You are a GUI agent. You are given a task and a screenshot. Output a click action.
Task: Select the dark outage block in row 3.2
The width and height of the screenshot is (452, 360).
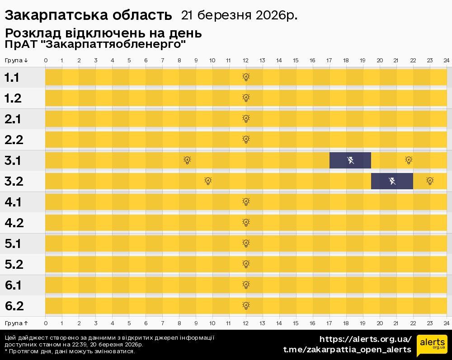[x=392, y=181]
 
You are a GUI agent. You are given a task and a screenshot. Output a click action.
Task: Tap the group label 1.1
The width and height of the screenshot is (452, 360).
[x=12, y=78]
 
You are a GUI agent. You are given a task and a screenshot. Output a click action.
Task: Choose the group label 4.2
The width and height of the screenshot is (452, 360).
[x=14, y=223]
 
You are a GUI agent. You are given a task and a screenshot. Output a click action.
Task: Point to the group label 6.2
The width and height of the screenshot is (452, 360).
[x=14, y=306]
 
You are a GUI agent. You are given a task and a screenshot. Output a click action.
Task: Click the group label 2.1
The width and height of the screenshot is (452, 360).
[x=13, y=119]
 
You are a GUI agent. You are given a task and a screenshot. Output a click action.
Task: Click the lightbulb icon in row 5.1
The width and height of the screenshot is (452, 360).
[x=246, y=243]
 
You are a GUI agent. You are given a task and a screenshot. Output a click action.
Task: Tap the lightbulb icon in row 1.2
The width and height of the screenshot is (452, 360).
[x=246, y=98]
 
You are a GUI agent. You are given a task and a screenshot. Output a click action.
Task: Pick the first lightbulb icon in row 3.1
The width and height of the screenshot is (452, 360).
[x=188, y=160]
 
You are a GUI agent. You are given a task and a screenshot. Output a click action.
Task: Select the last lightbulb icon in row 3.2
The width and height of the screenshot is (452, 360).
[x=430, y=181]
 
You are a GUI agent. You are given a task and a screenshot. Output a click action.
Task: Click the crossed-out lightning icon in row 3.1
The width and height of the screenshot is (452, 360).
[x=350, y=160]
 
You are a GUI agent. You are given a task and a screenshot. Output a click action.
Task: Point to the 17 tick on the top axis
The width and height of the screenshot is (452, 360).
[x=329, y=61]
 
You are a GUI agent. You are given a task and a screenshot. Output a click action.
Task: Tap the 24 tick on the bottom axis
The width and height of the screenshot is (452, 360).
[x=446, y=323]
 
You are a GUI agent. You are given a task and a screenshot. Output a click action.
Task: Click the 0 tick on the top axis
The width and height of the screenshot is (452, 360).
[x=46, y=61]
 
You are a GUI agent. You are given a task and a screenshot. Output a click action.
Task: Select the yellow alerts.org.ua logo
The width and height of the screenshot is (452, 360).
[x=432, y=346]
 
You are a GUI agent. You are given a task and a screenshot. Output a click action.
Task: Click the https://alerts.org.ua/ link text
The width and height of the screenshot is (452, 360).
[x=365, y=339]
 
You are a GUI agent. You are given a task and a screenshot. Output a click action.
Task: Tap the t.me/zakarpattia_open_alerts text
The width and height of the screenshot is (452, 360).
[x=347, y=350]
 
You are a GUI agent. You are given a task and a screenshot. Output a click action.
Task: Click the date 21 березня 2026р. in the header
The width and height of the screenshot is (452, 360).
[x=239, y=15]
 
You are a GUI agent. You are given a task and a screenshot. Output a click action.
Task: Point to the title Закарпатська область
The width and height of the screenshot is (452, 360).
[x=88, y=15]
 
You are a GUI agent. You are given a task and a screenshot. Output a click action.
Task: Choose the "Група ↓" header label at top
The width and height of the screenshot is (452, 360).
[x=16, y=61]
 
